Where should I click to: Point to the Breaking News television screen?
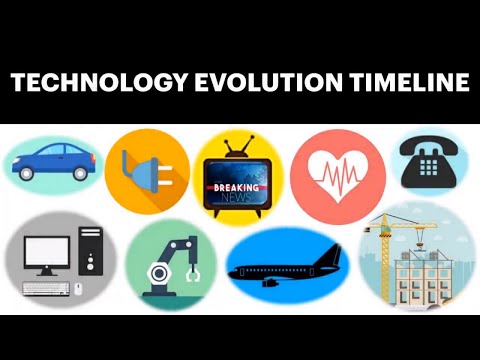tap(231, 188)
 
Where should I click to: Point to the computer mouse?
tap(77, 289)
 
